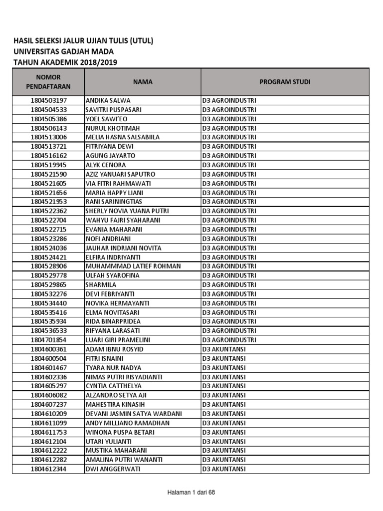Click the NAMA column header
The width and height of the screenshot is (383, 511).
coord(143,82)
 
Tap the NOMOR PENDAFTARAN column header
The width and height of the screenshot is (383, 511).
coord(48,82)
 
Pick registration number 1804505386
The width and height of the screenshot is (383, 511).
coord(48,119)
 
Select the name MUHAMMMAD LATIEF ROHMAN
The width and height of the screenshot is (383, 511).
coord(133,266)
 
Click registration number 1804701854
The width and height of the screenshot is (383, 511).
coord(48,340)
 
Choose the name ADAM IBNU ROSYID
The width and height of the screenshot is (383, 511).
coord(115,349)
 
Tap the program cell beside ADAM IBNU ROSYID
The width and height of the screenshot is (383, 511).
coord(224,349)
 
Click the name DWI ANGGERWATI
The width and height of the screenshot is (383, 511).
coord(113,469)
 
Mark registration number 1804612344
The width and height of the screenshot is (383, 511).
coord(48,469)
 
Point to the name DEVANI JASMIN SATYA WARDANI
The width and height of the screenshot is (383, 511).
coord(134,414)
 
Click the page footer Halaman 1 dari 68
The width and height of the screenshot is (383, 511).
coord(191,493)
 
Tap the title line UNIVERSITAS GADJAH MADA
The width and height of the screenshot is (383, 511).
coord(63,51)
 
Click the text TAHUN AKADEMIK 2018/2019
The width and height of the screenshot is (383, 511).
coord(66,62)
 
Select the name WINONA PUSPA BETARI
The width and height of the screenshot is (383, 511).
coord(120,432)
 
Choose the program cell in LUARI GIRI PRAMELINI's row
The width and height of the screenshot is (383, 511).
coord(229,340)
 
